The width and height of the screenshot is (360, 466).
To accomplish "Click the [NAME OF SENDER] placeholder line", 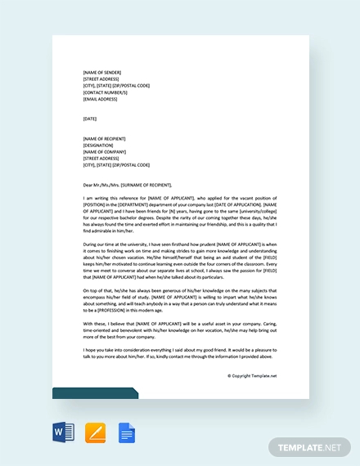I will point(101,72).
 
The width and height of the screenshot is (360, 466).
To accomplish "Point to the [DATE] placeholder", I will point(89,119).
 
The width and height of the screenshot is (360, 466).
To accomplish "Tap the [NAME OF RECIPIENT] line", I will point(104,138).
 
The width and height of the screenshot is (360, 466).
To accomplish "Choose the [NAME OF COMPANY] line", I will point(103,151).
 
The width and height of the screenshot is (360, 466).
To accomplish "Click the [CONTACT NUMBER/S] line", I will point(105,92).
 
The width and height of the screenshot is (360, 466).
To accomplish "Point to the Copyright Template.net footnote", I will point(251,376).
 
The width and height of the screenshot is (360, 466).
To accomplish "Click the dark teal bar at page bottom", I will point(95,393).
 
